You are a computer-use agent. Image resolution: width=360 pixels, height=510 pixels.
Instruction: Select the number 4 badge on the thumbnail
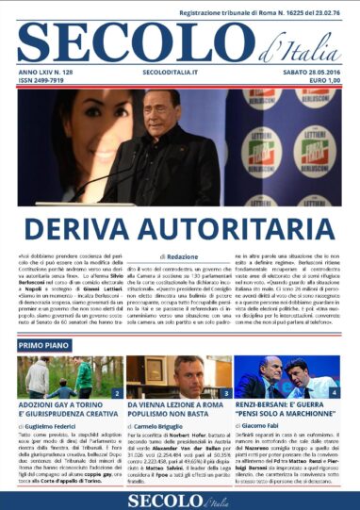[335, 391]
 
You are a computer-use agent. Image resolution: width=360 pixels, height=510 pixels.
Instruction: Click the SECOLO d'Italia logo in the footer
[179, 499]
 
